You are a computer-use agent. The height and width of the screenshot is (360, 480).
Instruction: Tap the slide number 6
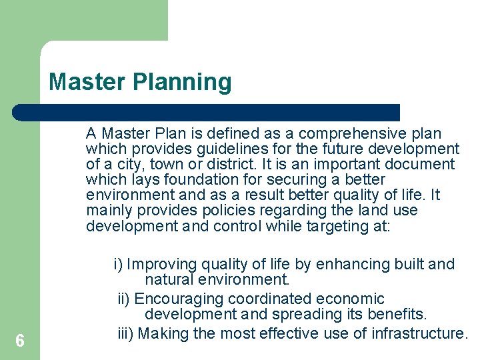[20, 341]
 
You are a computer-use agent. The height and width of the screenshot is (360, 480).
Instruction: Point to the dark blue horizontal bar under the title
[207, 112]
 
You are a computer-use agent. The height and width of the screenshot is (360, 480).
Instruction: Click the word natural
[167, 280]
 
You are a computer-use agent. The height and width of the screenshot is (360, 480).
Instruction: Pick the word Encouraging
[181, 299]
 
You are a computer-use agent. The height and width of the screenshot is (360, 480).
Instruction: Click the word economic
[351, 299]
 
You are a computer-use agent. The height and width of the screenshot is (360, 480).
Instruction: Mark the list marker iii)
[126, 333]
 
